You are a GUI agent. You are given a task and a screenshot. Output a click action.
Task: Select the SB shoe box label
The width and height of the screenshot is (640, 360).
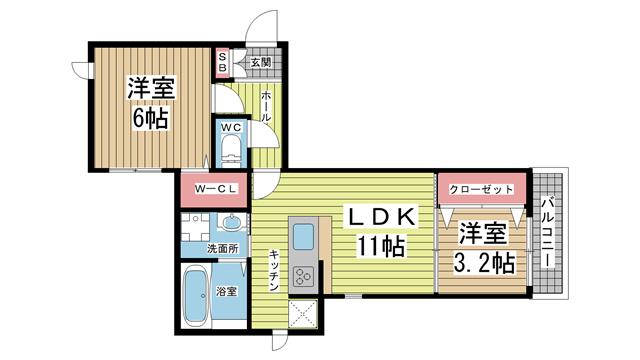222,62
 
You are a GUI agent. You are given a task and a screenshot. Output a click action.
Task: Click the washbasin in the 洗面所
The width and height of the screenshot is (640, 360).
231,222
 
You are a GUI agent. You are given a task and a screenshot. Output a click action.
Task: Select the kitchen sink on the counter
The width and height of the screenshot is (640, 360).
303,238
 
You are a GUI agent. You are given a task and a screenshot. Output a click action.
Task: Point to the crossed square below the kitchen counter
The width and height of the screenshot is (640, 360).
303,313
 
